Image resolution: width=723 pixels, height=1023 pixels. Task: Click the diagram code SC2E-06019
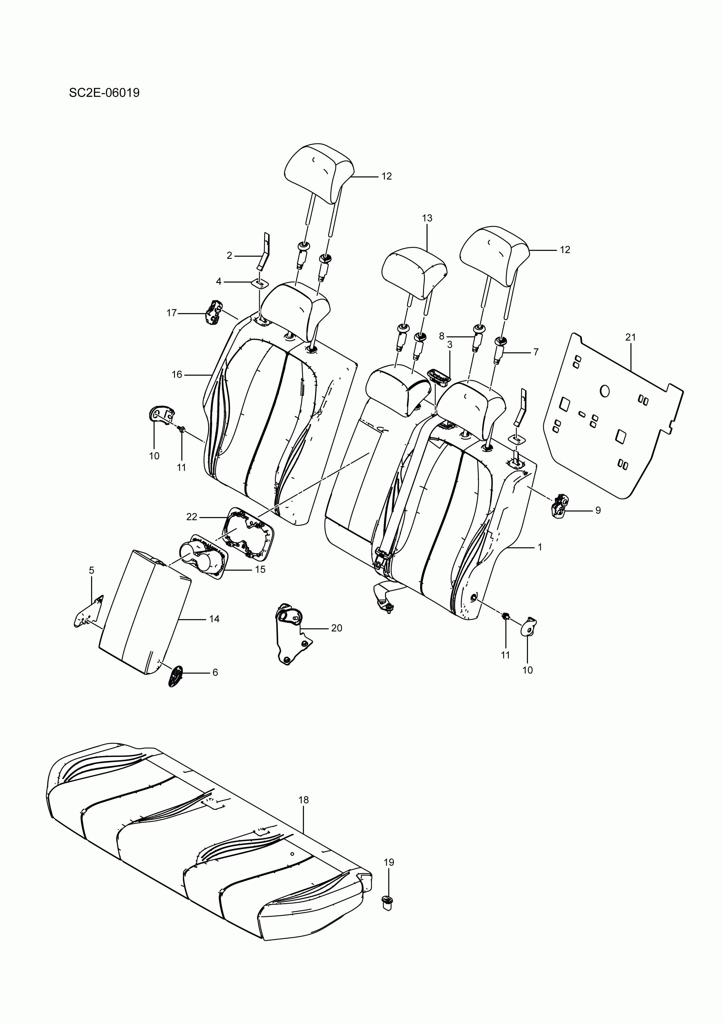(104, 93)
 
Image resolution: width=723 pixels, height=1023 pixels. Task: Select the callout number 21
(630, 337)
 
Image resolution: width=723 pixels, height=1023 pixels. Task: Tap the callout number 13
(427, 218)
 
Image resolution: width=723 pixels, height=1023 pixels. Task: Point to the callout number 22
(192, 516)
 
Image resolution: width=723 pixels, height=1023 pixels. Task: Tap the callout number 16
(177, 374)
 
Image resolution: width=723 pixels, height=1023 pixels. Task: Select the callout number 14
(214, 619)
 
